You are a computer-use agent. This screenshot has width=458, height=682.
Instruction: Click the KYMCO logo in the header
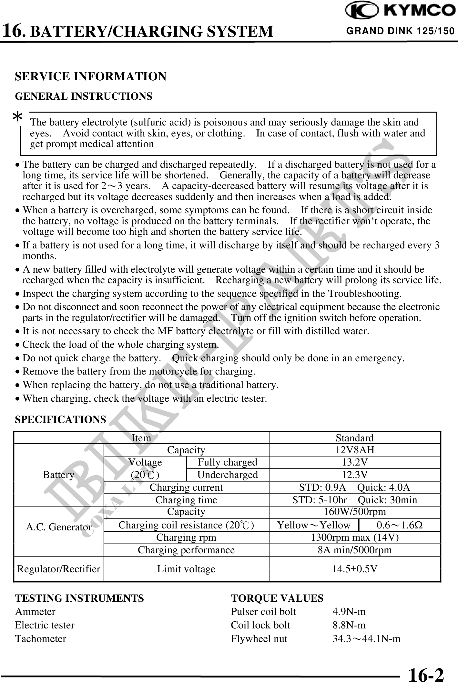pos(400,11)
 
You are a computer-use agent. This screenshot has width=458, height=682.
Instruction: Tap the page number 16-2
pos(426,673)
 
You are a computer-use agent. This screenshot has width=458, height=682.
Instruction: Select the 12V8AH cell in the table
pos(354,450)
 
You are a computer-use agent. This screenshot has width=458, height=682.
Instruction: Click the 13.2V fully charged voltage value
pos(354,462)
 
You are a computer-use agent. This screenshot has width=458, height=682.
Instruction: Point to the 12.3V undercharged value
pos(354,475)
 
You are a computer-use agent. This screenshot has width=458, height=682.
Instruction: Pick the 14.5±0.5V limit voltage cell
pos(354,569)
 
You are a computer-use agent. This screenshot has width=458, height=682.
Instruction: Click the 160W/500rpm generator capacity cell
pos(354,512)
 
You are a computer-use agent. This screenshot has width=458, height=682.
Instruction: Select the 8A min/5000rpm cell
pos(354,550)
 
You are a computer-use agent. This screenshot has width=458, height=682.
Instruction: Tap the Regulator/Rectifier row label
pos(58,569)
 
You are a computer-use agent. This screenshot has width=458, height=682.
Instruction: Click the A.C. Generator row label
pos(58,527)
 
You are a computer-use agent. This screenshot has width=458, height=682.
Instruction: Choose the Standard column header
pos(354,438)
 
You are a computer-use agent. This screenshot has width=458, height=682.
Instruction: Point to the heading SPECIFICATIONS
pos(61,419)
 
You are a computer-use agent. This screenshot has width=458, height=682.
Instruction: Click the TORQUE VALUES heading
pos(277,598)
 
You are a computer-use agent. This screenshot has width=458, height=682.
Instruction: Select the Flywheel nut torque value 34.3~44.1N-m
pos(366,639)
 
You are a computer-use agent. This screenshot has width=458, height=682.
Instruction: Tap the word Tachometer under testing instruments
pos(41,639)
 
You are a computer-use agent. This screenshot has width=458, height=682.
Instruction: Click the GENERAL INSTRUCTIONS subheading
pos(84,96)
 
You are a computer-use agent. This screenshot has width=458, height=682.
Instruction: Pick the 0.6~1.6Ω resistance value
pos(400,525)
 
